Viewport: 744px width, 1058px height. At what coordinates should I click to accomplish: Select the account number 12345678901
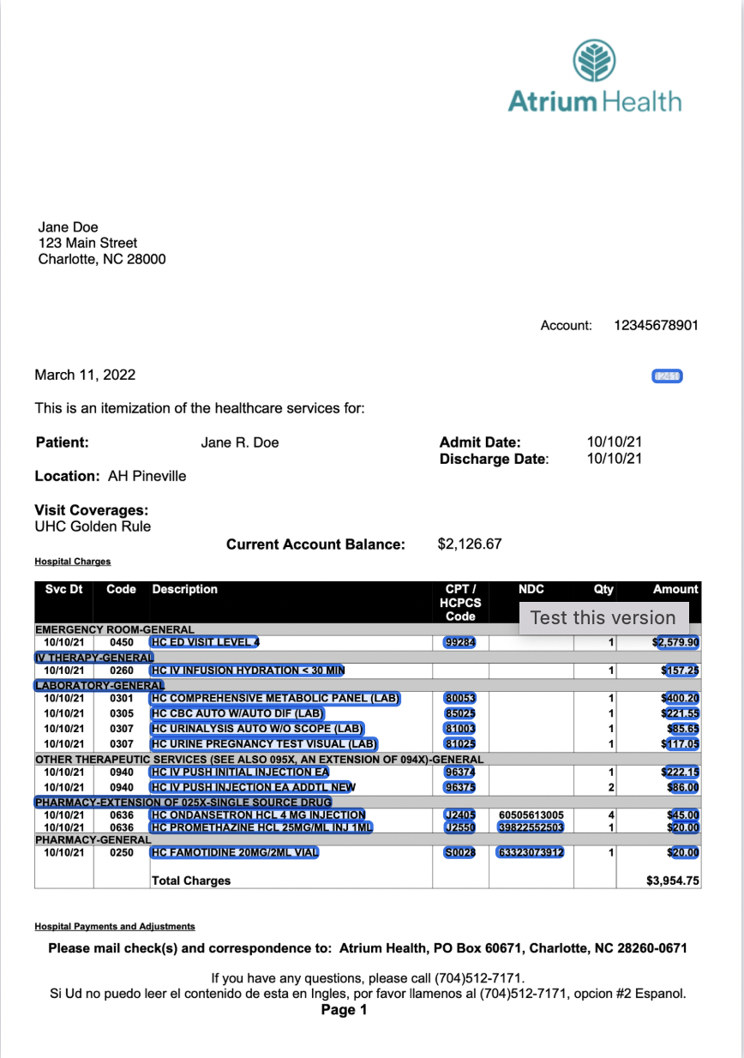coord(656,326)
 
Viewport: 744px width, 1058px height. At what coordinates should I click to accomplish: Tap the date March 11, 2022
coord(85,376)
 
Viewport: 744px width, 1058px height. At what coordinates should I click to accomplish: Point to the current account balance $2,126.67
coord(470,544)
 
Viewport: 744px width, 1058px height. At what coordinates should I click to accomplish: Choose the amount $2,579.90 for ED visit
coord(676,642)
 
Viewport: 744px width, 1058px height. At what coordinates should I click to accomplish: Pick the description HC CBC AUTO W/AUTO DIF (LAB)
coord(237,713)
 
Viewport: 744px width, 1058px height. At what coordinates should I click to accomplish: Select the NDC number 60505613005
coord(531,815)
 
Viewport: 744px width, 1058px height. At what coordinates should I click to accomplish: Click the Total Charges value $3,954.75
coord(673,881)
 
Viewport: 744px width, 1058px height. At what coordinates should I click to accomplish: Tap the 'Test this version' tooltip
coord(603,617)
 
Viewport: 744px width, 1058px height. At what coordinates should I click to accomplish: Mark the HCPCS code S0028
coord(459,853)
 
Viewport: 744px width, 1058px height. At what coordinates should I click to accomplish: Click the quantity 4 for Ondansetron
coord(611,815)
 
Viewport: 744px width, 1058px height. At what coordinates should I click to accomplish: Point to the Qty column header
coord(603,590)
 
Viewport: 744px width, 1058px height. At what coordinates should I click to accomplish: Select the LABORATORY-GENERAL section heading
coord(99,686)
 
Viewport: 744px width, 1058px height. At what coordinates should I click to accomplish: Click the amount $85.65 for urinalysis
coord(681,729)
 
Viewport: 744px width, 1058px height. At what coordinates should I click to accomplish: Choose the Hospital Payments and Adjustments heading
coord(115,927)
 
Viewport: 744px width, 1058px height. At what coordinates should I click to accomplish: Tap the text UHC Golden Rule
coord(93,526)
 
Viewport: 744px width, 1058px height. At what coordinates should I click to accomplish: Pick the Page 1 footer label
coord(344,1010)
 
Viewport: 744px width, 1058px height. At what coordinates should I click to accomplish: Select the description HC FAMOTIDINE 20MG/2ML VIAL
coord(234,853)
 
